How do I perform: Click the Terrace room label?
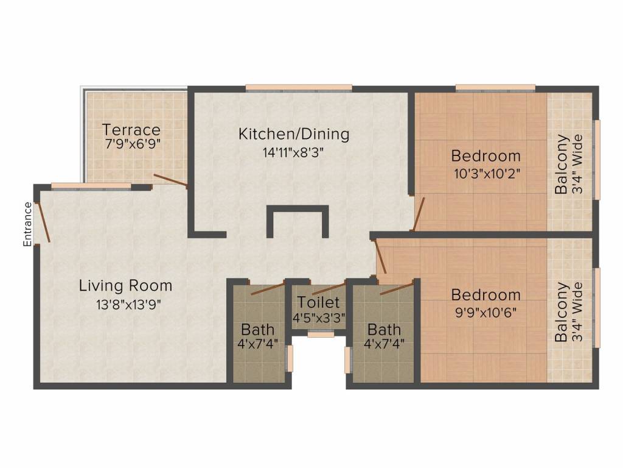coord(131,130)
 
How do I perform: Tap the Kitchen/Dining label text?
coord(294,133)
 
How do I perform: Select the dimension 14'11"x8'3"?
coord(292,152)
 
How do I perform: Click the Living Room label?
coord(125,285)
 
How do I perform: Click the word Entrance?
coord(27,224)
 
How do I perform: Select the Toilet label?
coord(319,302)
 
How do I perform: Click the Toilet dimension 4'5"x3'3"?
coord(319,318)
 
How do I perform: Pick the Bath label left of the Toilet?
coord(258,330)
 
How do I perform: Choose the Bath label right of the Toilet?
coord(384,330)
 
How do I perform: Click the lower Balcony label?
coord(560,312)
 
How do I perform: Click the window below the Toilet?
coord(320,334)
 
